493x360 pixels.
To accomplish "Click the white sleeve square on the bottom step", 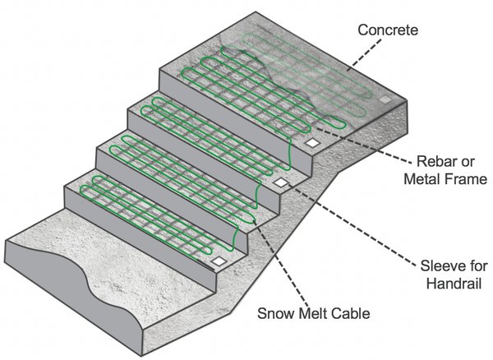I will [x=219, y=261].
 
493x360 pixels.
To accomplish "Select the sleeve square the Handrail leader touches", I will [x=281, y=182].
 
